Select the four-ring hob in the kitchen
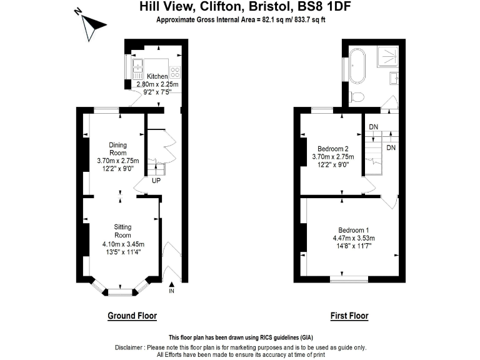[x=176, y=71]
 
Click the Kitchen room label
[x=157, y=76]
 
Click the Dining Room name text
[x=118, y=149]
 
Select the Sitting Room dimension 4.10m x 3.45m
[x=122, y=244]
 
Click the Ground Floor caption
[x=132, y=316]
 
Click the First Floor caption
[x=349, y=316]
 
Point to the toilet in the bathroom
[x=357, y=96]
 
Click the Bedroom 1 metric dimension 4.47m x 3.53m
[x=353, y=238]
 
